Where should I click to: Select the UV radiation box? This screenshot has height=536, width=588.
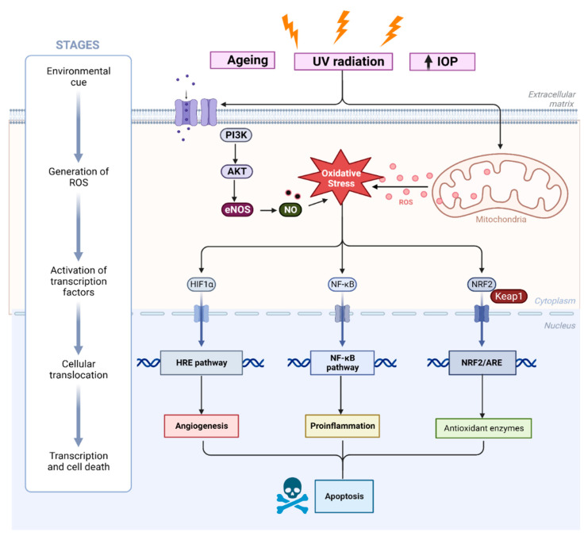pyautogui.click(x=343, y=61)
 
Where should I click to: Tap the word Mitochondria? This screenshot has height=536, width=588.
pyautogui.click(x=498, y=221)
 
